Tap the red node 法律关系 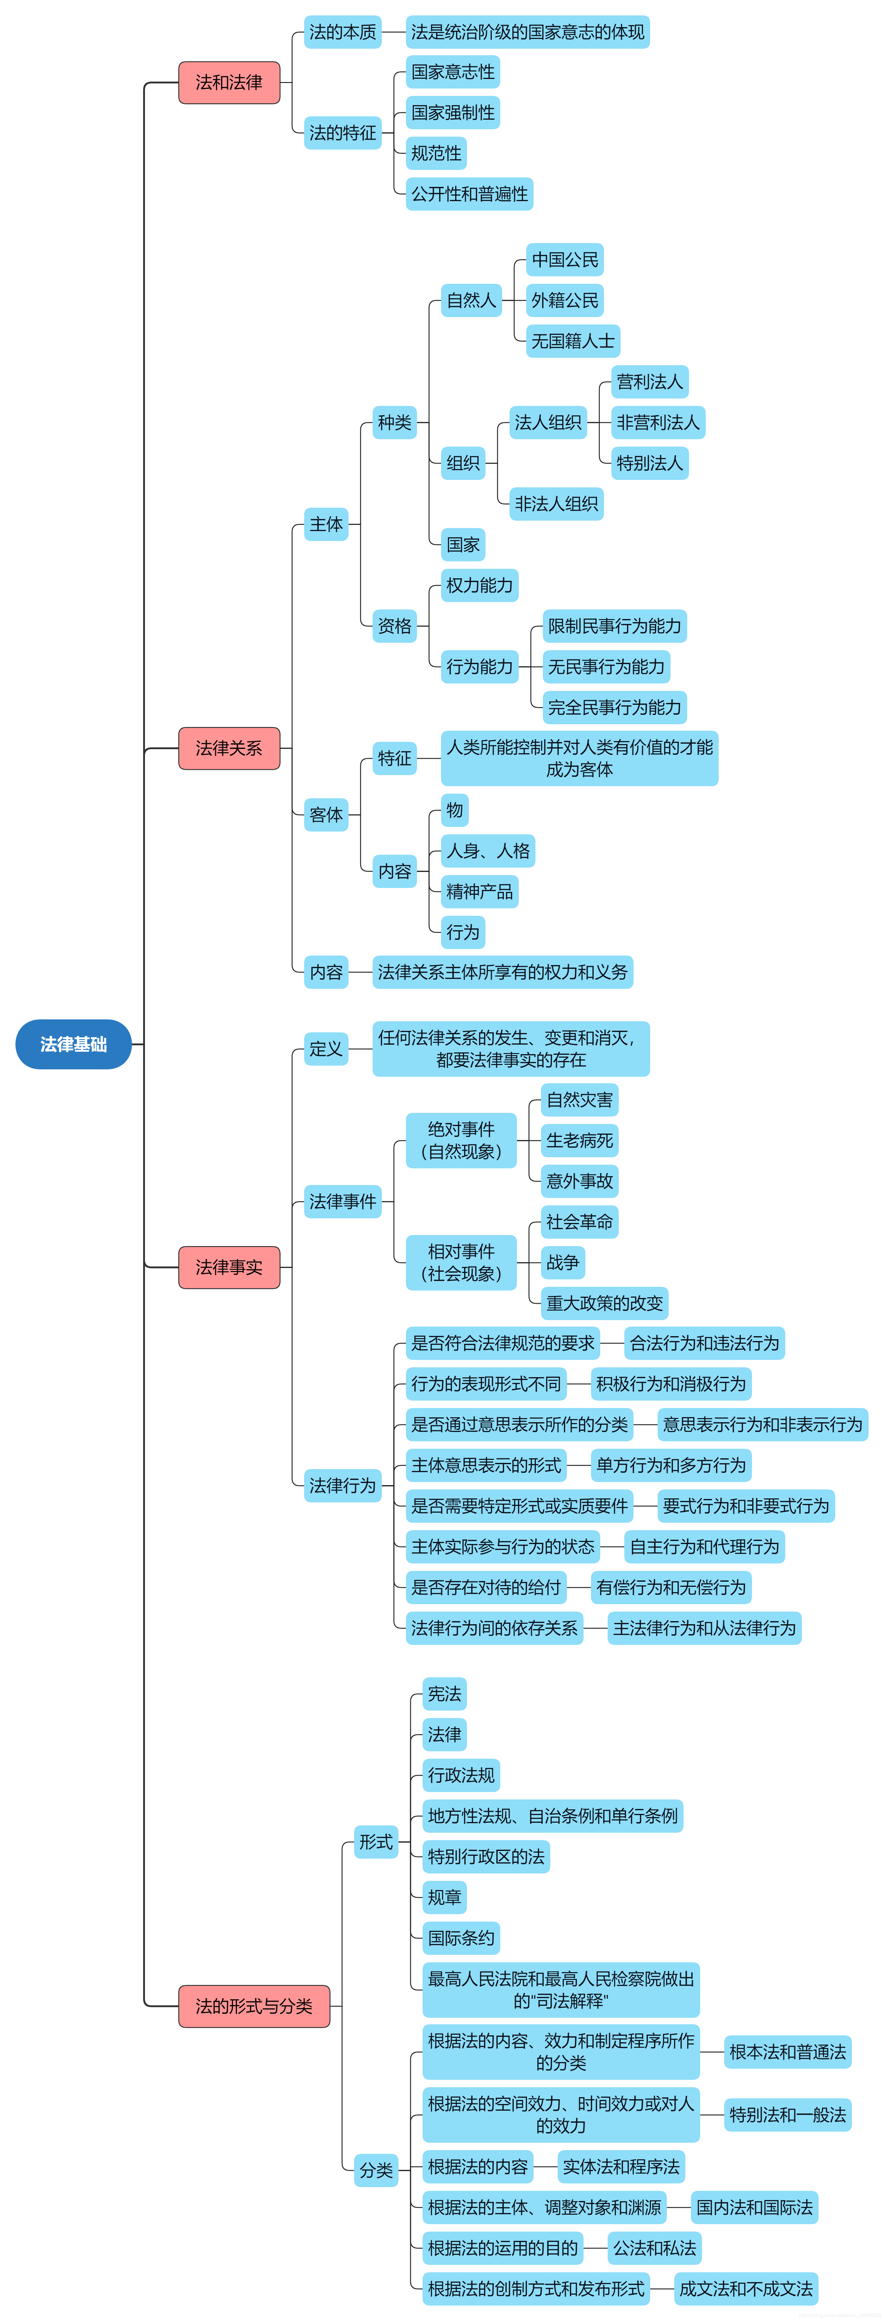click(x=229, y=748)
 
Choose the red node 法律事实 click(x=229, y=1267)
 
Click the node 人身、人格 click(x=488, y=851)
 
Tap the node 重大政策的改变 click(x=604, y=1303)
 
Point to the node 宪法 click(x=444, y=1694)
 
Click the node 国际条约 click(x=461, y=1937)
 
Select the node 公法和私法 click(x=654, y=2248)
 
